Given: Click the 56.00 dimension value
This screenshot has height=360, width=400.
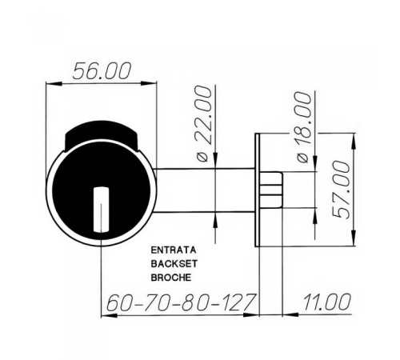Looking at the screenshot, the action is pos(102,71).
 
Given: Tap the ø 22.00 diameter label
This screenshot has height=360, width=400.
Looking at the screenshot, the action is pos(205,123).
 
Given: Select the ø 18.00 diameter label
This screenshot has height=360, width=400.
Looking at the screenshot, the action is pos(304,126).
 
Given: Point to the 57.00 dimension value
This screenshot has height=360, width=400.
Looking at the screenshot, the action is pos(342,190).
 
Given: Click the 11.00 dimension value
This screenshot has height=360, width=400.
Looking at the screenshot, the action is pos(326,302).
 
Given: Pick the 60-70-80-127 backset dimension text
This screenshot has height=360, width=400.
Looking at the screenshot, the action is pos(180,302).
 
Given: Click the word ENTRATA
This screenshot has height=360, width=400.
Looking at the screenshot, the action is pos(174,250).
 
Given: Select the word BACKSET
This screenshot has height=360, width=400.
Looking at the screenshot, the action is pos(174,264).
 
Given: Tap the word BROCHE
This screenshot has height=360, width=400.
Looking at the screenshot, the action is pos(171,278).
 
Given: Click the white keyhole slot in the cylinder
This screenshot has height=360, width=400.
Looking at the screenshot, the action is pos(101,210).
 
